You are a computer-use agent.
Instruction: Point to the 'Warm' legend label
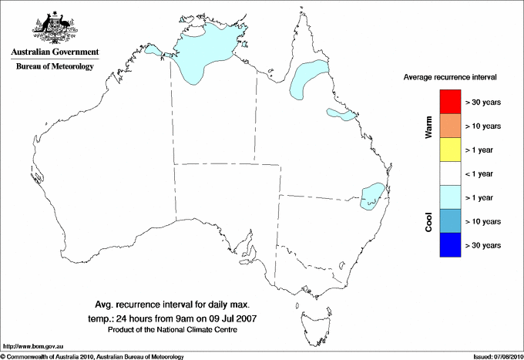coord(429,126)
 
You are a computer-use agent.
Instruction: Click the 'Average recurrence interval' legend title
coord(450,79)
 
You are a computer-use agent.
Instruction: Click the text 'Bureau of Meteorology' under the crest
coord(55,67)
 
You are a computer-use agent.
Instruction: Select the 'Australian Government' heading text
coord(54,52)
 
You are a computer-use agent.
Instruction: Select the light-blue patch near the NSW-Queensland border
coord(373,196)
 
